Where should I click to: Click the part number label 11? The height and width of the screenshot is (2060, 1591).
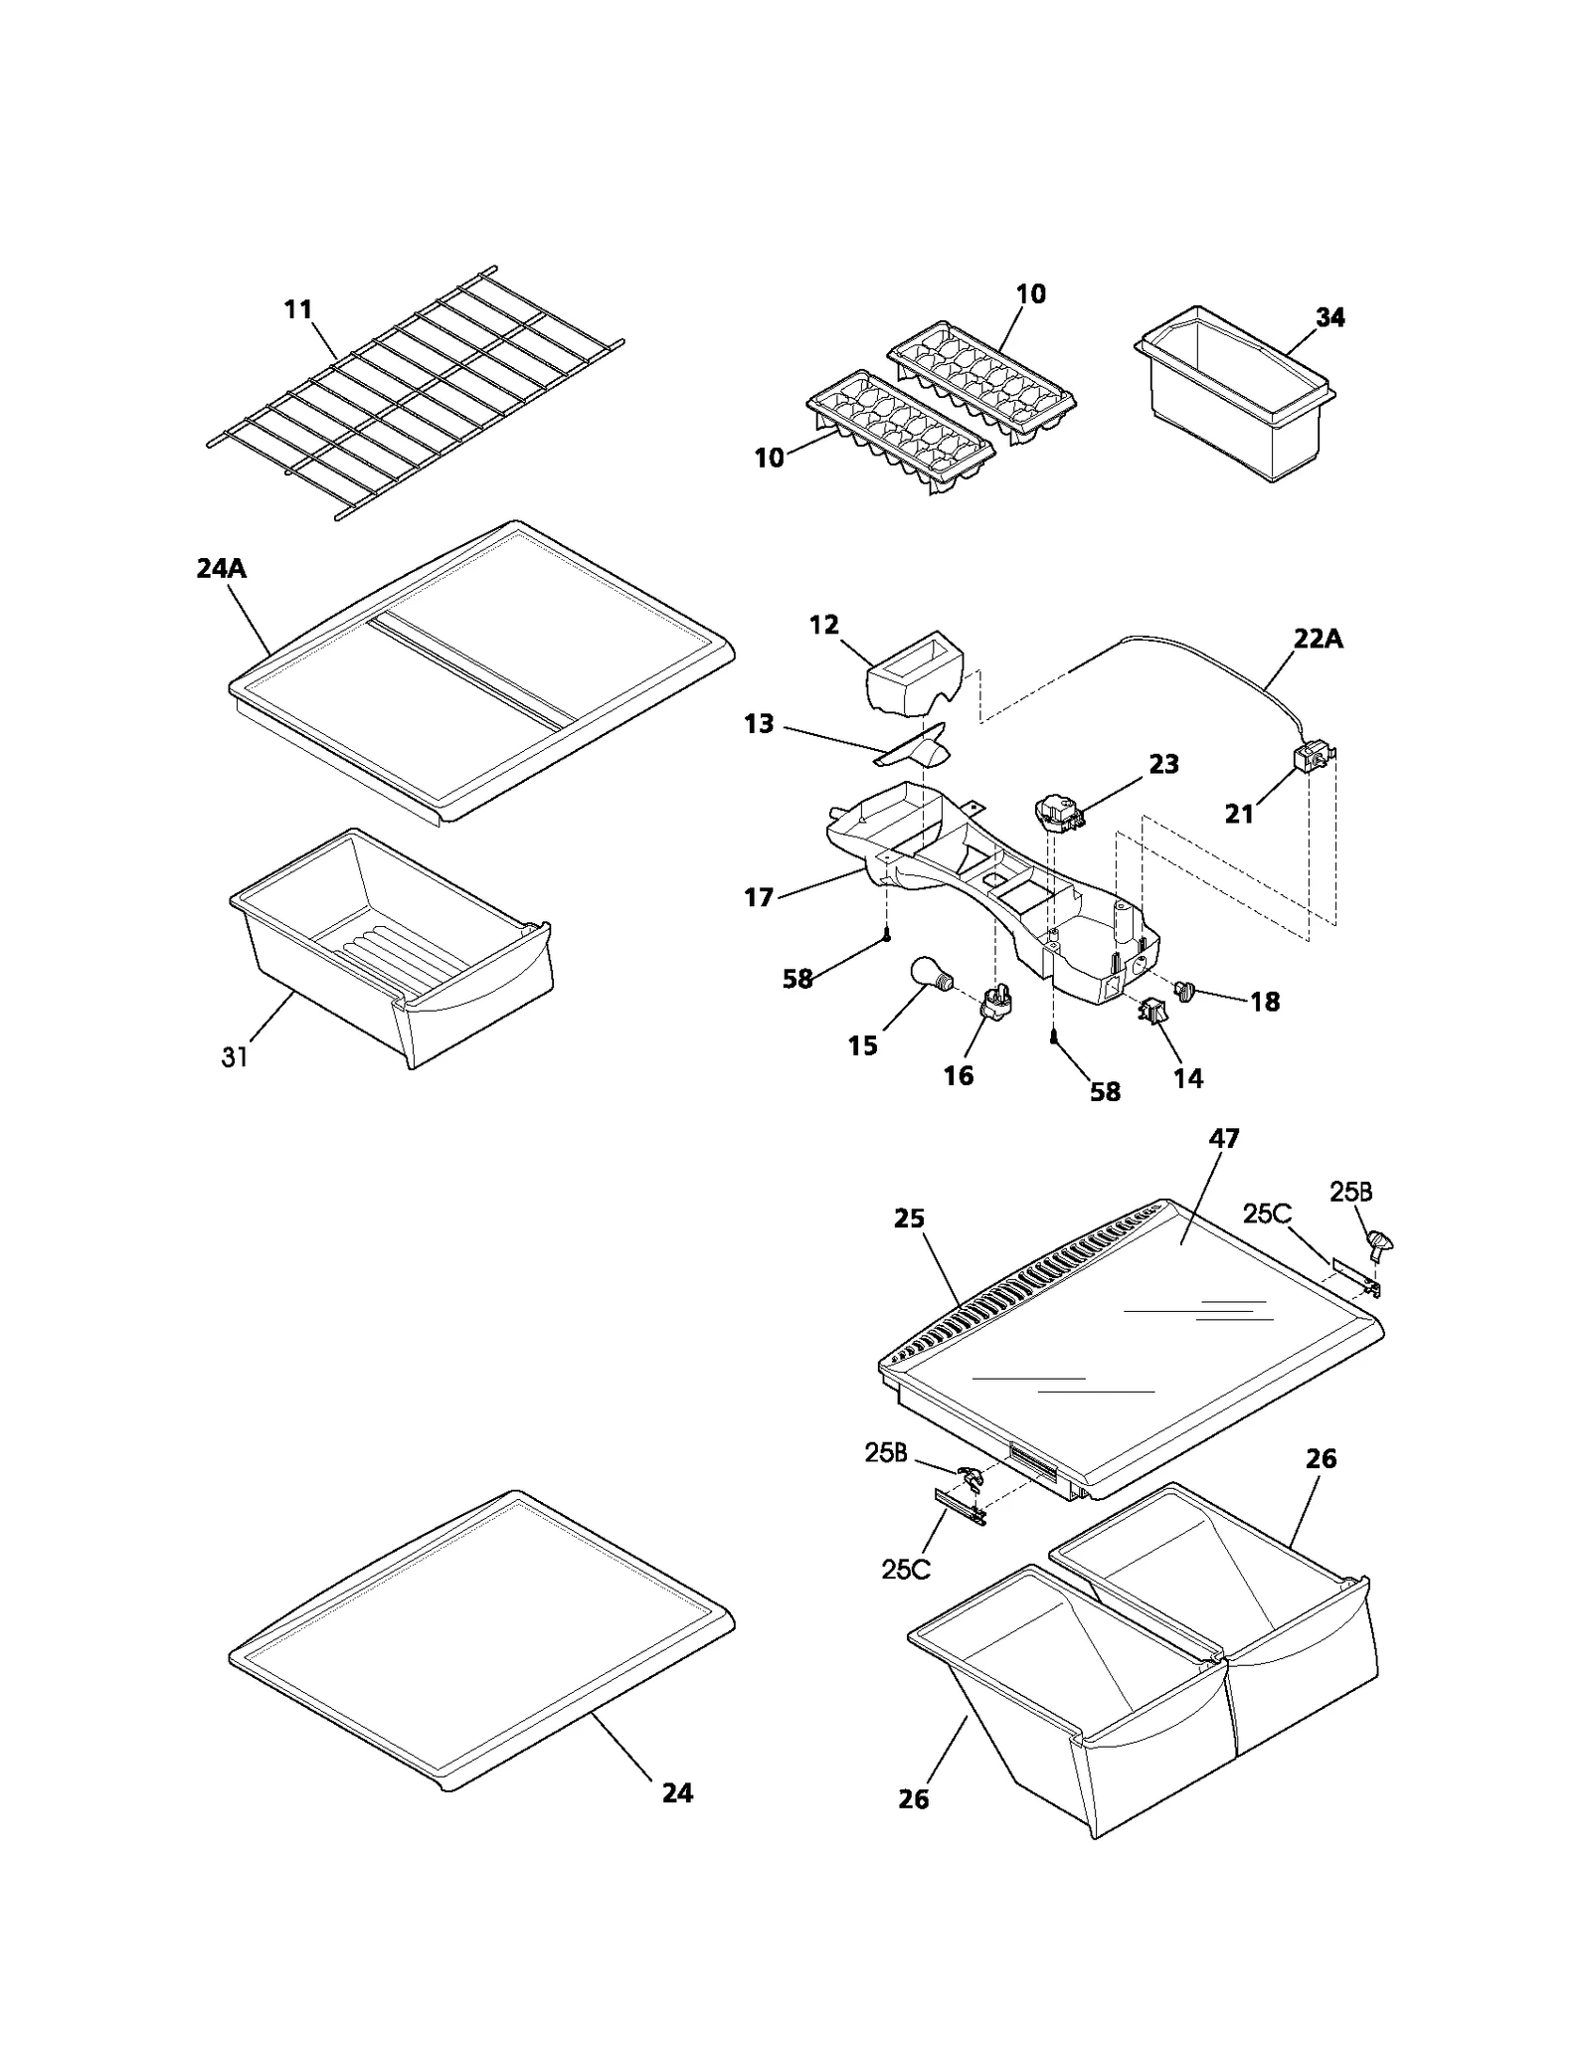(297, 309)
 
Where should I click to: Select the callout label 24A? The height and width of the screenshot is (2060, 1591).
(221, 569)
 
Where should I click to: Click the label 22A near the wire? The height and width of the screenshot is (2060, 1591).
(1318, 639)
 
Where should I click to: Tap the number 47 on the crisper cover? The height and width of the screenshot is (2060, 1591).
(1223, 1138)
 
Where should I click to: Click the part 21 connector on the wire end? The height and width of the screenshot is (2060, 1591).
(1310, 763)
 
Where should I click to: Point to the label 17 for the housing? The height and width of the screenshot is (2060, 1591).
(759, 897)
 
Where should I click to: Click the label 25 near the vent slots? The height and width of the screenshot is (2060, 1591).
(909, 1218)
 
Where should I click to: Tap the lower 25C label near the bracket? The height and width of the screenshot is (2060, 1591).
(905, 1569)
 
